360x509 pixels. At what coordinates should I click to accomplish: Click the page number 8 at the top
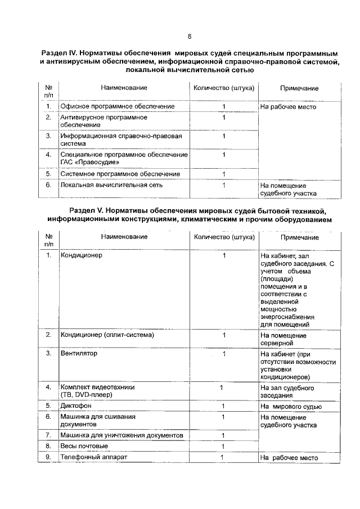[190, 37]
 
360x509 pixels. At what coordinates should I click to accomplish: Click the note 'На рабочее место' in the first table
[288, 107]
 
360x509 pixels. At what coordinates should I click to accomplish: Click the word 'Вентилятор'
[79, 354]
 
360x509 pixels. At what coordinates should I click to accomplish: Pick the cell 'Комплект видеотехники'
[98, 388]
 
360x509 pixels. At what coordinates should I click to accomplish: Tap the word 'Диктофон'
[76, 406]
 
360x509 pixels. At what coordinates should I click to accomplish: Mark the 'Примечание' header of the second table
[299, 238]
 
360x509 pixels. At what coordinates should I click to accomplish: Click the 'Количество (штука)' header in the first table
[223, 88]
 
